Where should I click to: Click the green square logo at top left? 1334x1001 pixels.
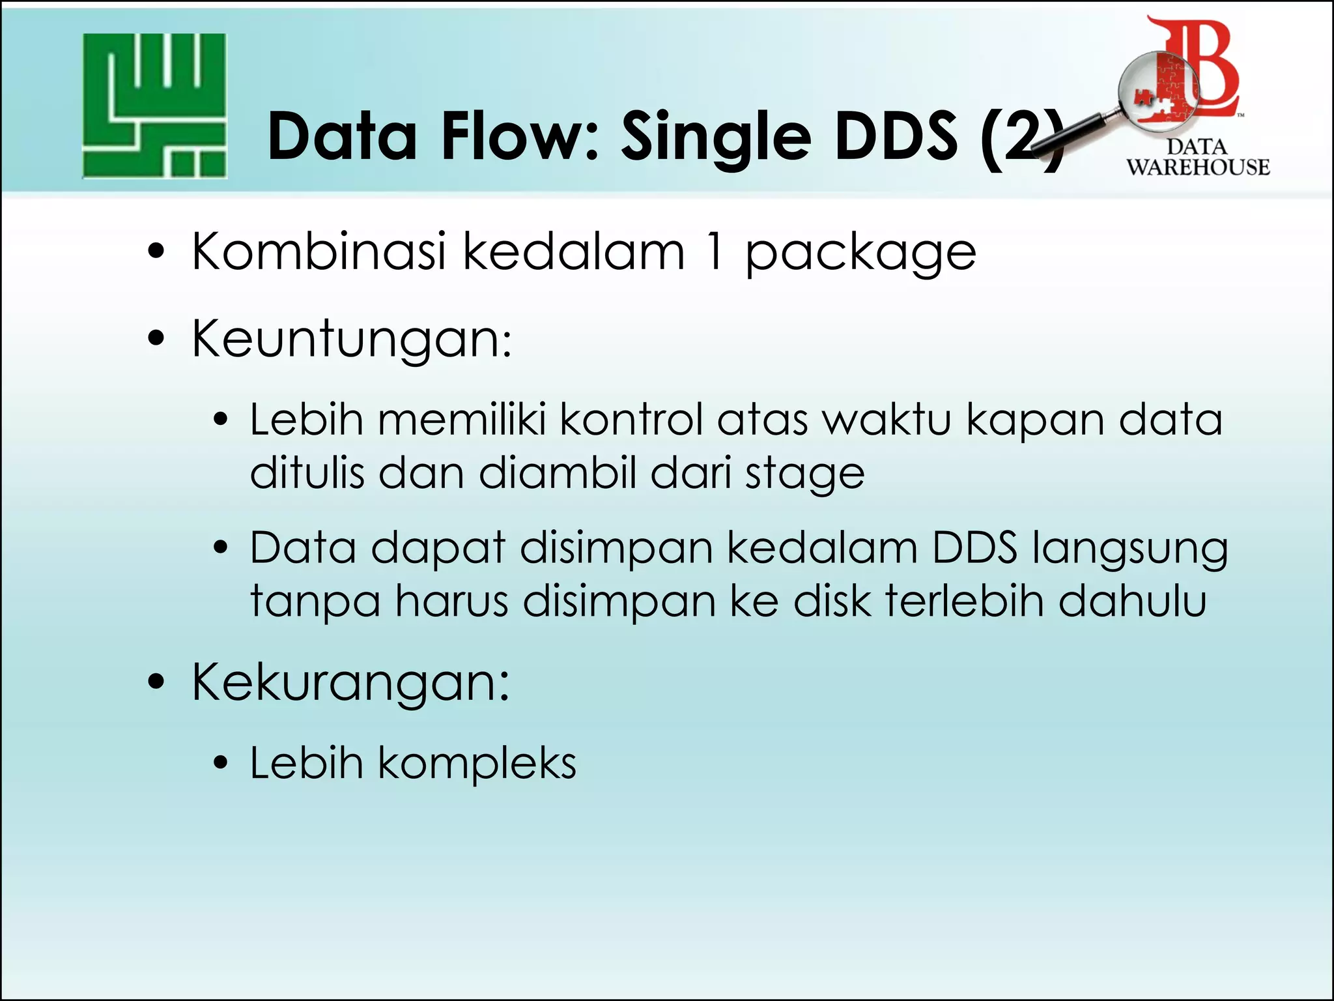[154, 106]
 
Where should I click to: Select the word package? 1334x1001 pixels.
[860, 254]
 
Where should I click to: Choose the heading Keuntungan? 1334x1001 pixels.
[352, 340]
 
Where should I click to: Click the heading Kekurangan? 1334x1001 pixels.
[350, 682]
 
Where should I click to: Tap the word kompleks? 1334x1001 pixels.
[477, 764]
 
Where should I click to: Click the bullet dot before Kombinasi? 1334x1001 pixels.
[156, 252]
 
